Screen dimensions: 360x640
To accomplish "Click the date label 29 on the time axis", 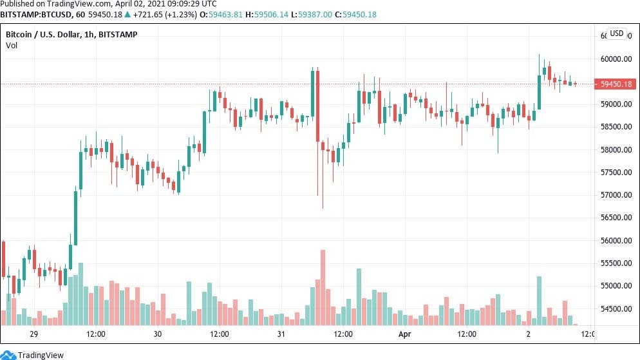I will pos(34,334).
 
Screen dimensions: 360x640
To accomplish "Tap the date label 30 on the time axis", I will pos(158,334).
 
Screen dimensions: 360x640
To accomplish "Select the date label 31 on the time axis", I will pos(281,334).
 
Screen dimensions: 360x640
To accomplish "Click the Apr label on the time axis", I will pos(404,334).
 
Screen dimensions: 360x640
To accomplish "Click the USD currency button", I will pos(617,33).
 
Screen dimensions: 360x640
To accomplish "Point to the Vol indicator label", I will pos(12,45).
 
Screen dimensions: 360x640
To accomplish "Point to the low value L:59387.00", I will pos(319,14).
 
